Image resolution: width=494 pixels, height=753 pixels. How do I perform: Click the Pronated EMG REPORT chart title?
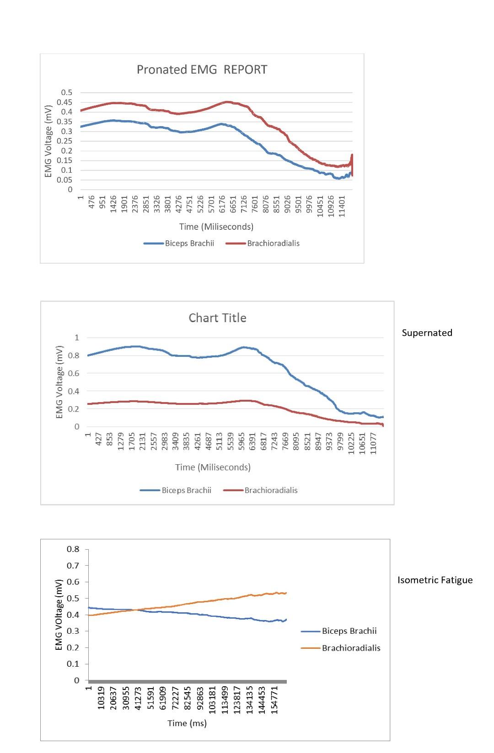point(202,69)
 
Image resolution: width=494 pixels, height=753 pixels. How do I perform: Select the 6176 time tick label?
point(222,204)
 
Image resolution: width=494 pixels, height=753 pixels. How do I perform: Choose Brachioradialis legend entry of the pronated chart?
point(263,243)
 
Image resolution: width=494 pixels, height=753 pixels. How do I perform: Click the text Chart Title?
point(217,318)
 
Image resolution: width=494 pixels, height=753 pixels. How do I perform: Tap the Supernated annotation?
point(427,333)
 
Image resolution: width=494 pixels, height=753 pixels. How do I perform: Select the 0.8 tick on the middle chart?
point(77,355)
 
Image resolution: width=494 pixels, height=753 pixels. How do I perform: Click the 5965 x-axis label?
point(243,441)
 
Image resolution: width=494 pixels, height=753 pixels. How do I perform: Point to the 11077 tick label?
point(374,443)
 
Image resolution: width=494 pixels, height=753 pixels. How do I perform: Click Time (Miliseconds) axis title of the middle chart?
point(213,467)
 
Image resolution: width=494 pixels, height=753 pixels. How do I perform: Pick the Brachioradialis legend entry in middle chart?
point(261,490)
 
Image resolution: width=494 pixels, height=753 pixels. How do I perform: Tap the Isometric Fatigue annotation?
point(435,580)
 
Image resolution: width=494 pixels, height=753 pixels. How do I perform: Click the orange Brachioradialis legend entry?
point(341,648)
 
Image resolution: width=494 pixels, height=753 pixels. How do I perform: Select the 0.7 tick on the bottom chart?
point(73,565)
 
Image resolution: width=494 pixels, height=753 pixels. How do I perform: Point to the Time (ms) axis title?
point(187,723)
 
